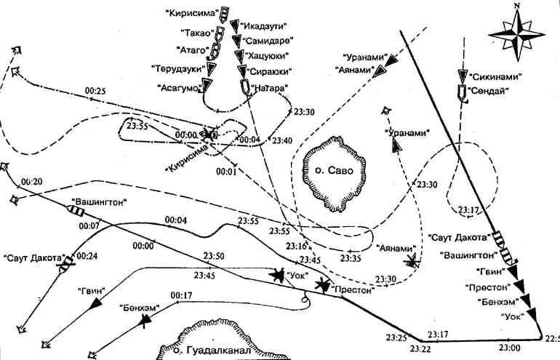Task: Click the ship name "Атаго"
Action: [x=193, y=50]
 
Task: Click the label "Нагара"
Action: [x=268, y=88]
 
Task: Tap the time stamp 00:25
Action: [x=95, y=91]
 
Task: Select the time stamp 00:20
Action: [x=32, y=181]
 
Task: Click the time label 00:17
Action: [x=180, y=295]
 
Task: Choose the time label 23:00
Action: [x=511, y=348]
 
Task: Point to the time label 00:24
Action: [x=87, y=256]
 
